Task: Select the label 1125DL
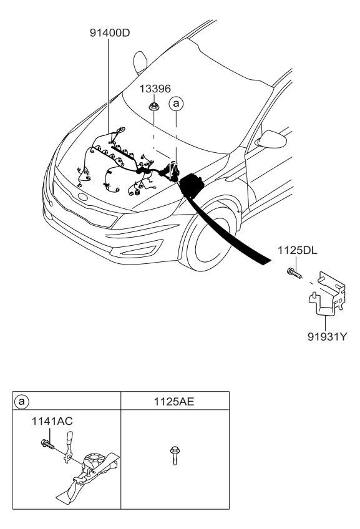coord(299,251)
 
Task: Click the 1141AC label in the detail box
coord(52,422)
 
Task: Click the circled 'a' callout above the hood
coord(177,103)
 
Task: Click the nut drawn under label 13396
coord(153,108)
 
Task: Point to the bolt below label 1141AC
coord(47,445)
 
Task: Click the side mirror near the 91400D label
coord(139,63)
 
